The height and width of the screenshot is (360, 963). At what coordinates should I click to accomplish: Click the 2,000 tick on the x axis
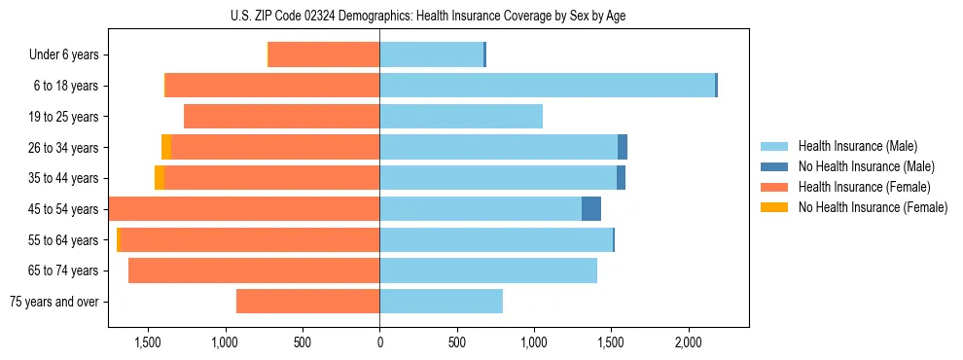pyautogui.click(x=688, y=343)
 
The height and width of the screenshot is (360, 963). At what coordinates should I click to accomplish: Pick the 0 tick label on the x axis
pyautogui.click(x=379, y=343)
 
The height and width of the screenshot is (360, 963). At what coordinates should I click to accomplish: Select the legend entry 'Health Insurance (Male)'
pyautogui.click(x=857, y=147)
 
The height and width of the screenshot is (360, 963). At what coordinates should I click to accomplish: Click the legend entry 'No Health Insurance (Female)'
pyautogui.click(x=873, y=207)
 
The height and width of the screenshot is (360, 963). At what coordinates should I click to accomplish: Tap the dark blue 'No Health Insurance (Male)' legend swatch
pyautogui.click(x=774, y=167)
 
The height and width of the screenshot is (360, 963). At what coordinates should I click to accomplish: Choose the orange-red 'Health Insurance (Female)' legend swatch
pyautogui.click(x=774, y=187)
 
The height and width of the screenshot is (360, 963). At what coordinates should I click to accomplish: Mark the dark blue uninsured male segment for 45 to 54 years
pyautogui.click(x=591, y=209)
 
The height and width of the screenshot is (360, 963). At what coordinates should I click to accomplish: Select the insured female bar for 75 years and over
pyautogui.click(x=307, y=302)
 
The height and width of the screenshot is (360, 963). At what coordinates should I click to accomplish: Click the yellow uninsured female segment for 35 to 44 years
pyautogui.click(x=160, y=178)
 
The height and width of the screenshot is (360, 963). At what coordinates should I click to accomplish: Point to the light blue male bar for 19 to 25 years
pyautogui.click(x=461, y=117)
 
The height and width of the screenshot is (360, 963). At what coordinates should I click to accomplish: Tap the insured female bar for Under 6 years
pyautogui.click(x=324, y=55)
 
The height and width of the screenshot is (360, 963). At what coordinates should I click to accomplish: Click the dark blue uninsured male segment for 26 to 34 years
pyautogui.click(x=623, y=147)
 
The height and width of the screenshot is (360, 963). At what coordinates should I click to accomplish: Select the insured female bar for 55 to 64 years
pyautogui.click(x=249, y=239)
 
